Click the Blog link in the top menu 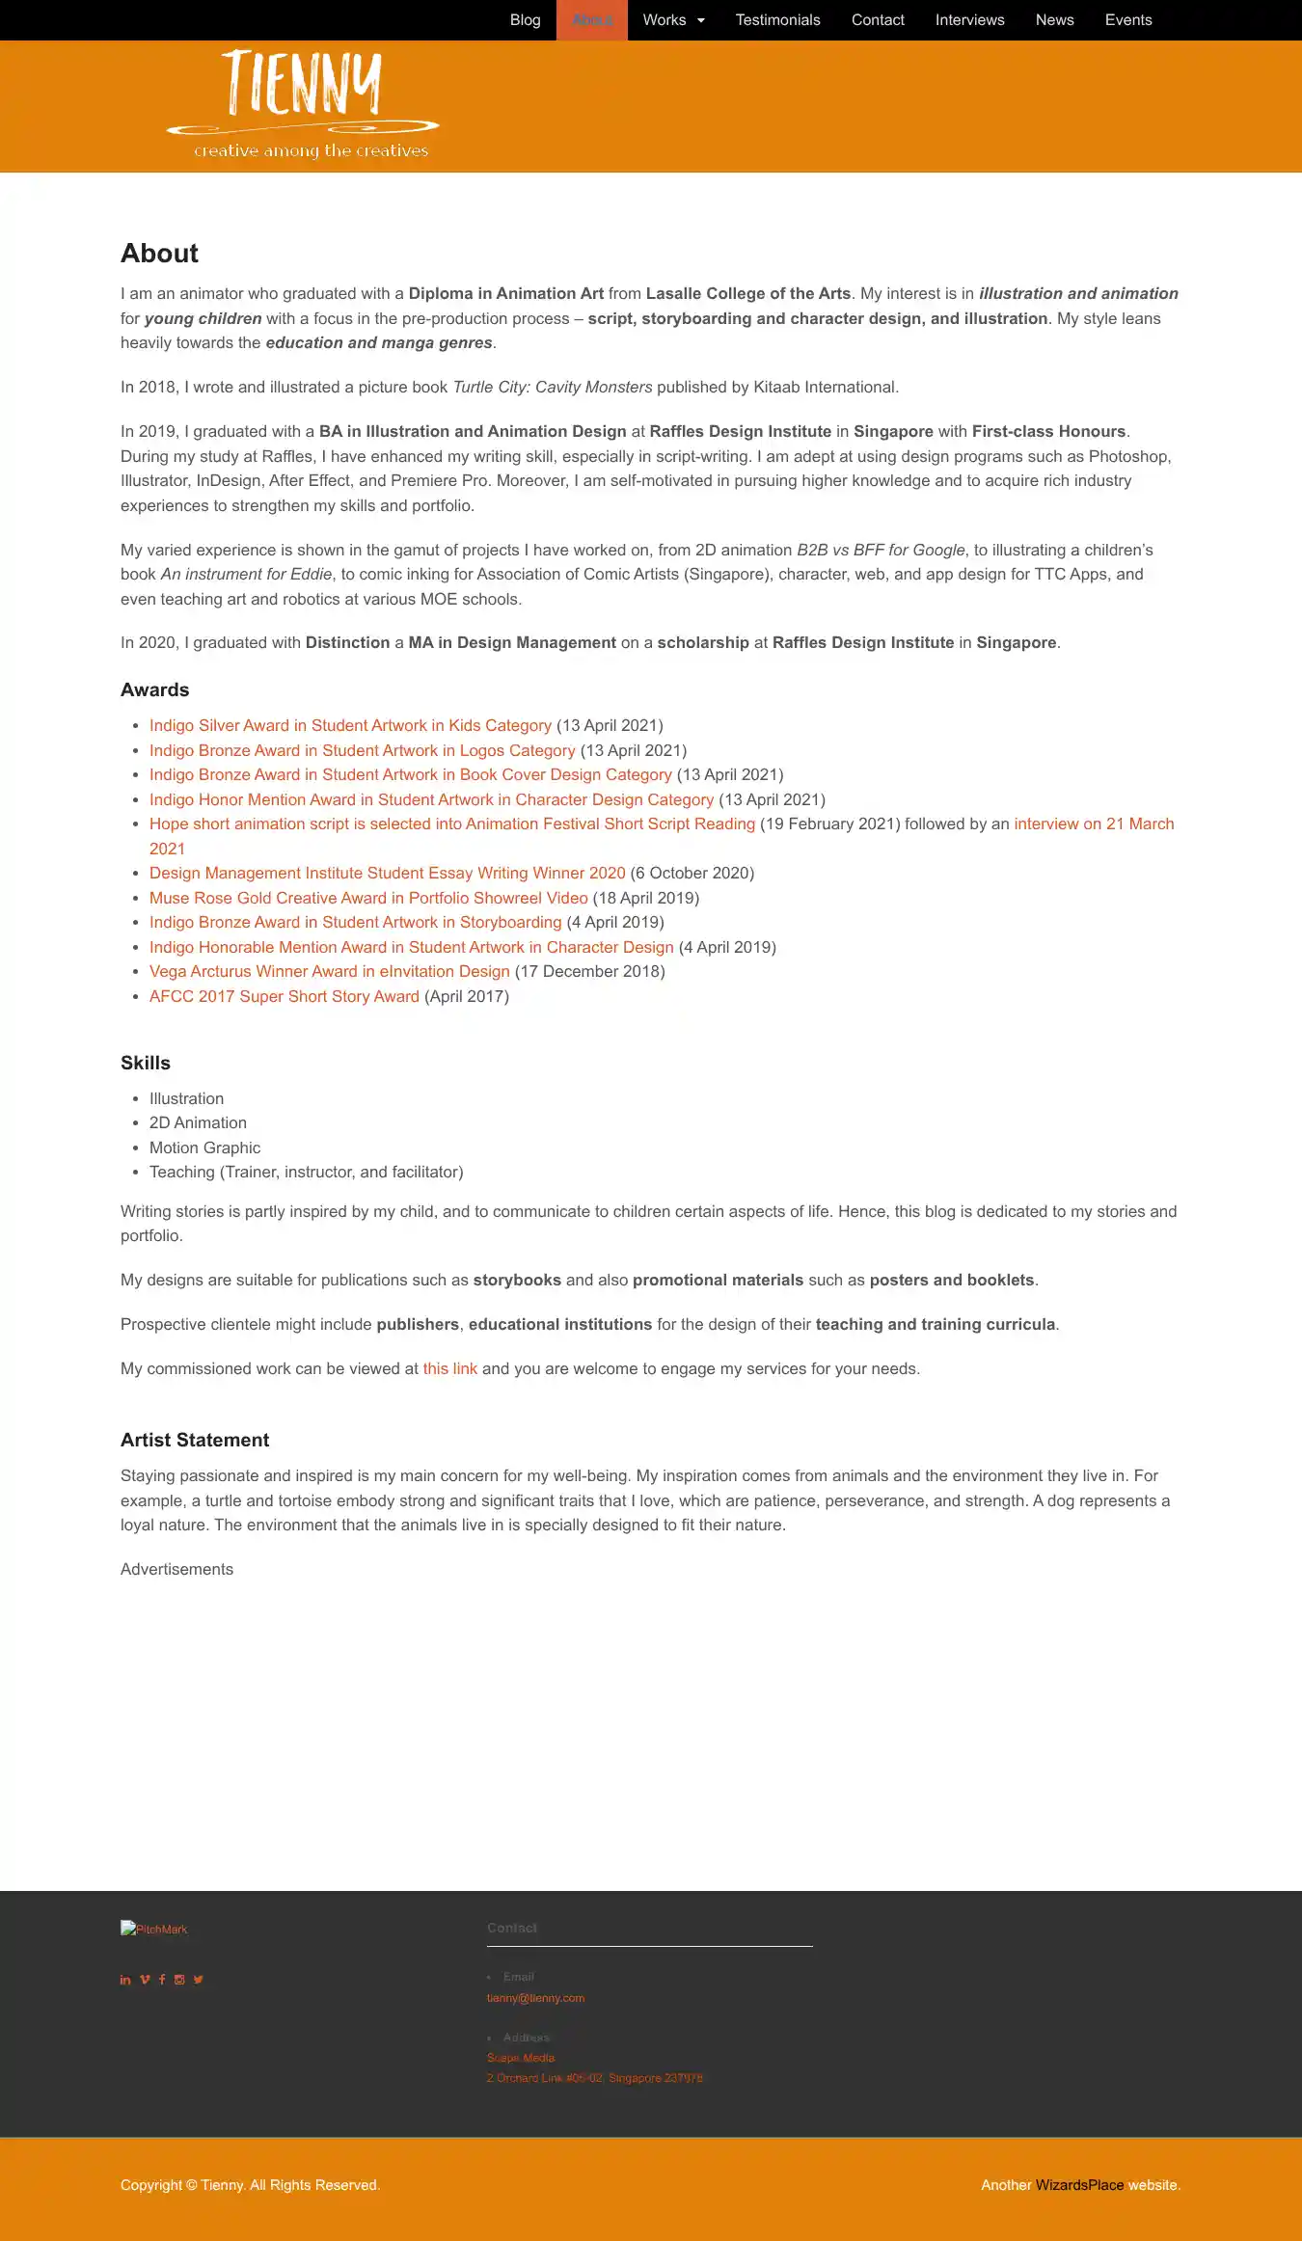tap(525, 20)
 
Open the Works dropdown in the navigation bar tap(674, 20)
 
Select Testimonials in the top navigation tap(777, 20)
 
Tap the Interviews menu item tap(969, 20)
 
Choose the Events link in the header tap(1128, 20)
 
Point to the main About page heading tap(160, 254)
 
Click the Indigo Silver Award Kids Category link tap(350, 725)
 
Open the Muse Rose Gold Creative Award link tap(368, 898)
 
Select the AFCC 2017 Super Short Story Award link tap(285, 996)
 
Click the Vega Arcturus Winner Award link tap(330, 971)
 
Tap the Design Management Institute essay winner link tap(388, 873)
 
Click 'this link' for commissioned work tap(450, 1368)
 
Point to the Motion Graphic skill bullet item tap(204, 1147)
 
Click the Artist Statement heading tap(195, 1440)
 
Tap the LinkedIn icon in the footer tap(125, 1980)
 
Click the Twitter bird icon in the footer tap(198, 1980)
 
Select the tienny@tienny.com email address tap(535, 1998)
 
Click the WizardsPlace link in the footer tap(1079, 2185)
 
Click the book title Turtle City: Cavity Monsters tap(553, 387)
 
